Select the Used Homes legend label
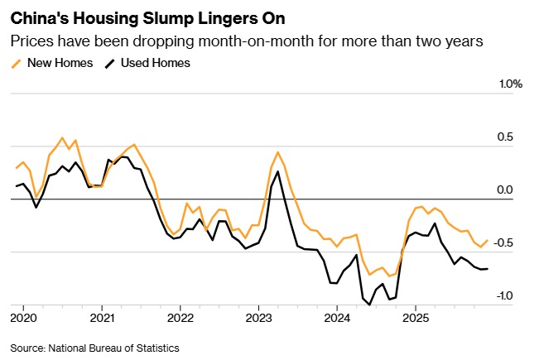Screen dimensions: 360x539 (155, 63)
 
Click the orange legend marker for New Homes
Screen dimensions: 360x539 (17, 63)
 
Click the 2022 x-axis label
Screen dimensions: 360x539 (180, 318)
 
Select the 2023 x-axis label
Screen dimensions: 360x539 (258, 318)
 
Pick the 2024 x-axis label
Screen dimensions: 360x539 (337, 318)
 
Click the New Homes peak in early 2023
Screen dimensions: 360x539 (277, 152)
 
